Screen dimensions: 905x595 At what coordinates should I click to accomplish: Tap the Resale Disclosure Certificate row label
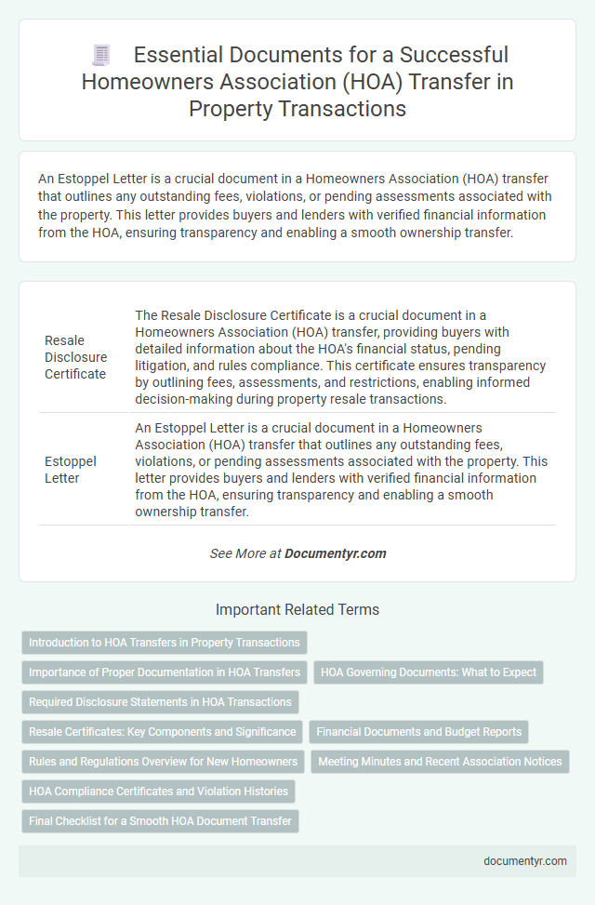tap(75, 357)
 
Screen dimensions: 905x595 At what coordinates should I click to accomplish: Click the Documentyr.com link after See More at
tap(335, 552)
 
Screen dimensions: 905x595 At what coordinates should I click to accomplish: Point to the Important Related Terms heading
tap(297, 610)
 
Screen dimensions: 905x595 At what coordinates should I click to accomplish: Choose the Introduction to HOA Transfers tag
tap(164, 643)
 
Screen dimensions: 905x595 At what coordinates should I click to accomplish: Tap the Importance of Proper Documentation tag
tap(164, 672)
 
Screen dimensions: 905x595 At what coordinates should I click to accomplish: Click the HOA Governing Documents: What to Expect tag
tap(429, 672)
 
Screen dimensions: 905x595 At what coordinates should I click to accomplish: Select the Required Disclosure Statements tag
tap(160, 702)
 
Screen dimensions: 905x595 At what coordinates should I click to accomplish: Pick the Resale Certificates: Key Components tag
tap(162, 732)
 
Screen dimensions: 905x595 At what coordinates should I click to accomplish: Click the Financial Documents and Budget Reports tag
tap(418, 732)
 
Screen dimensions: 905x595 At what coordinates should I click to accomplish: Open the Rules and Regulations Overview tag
tap(163, 762)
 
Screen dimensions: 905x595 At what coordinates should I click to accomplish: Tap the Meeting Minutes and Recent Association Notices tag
tap(440, 762)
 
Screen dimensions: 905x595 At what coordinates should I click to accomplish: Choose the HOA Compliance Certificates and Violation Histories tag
tap(159, 792)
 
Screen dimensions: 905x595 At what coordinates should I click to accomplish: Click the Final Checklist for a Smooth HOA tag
tap(160, 821)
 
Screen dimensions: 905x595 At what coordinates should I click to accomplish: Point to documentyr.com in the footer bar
tap(525, 860)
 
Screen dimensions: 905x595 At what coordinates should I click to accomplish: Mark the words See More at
tap(245, 552)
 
